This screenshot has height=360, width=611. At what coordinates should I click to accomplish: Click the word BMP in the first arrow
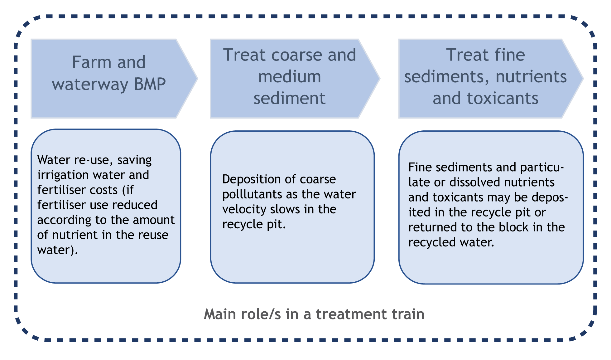150,84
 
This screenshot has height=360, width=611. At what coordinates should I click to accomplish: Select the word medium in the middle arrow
290,77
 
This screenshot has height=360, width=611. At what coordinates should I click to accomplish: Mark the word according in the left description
64,220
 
